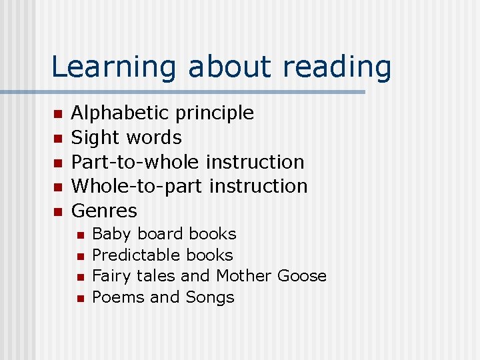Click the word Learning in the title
tap(113, 67)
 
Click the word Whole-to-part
tap(137, 186)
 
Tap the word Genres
tap(104, 211)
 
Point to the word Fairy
tap(111, 276)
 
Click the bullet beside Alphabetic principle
tap(57, 114)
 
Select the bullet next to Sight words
tap(57, 139)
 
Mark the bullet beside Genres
tap(57, 212)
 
